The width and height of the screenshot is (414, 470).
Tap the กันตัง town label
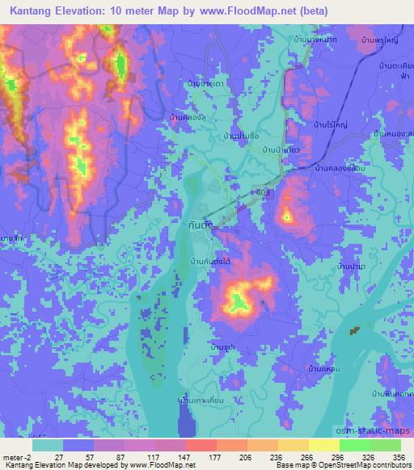tap(200, 227)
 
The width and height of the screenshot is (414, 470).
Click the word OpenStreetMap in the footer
tap(323, 466)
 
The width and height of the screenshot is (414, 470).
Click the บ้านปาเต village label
tap(353, 265)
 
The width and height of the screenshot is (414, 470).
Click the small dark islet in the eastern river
tap(353, 330)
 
